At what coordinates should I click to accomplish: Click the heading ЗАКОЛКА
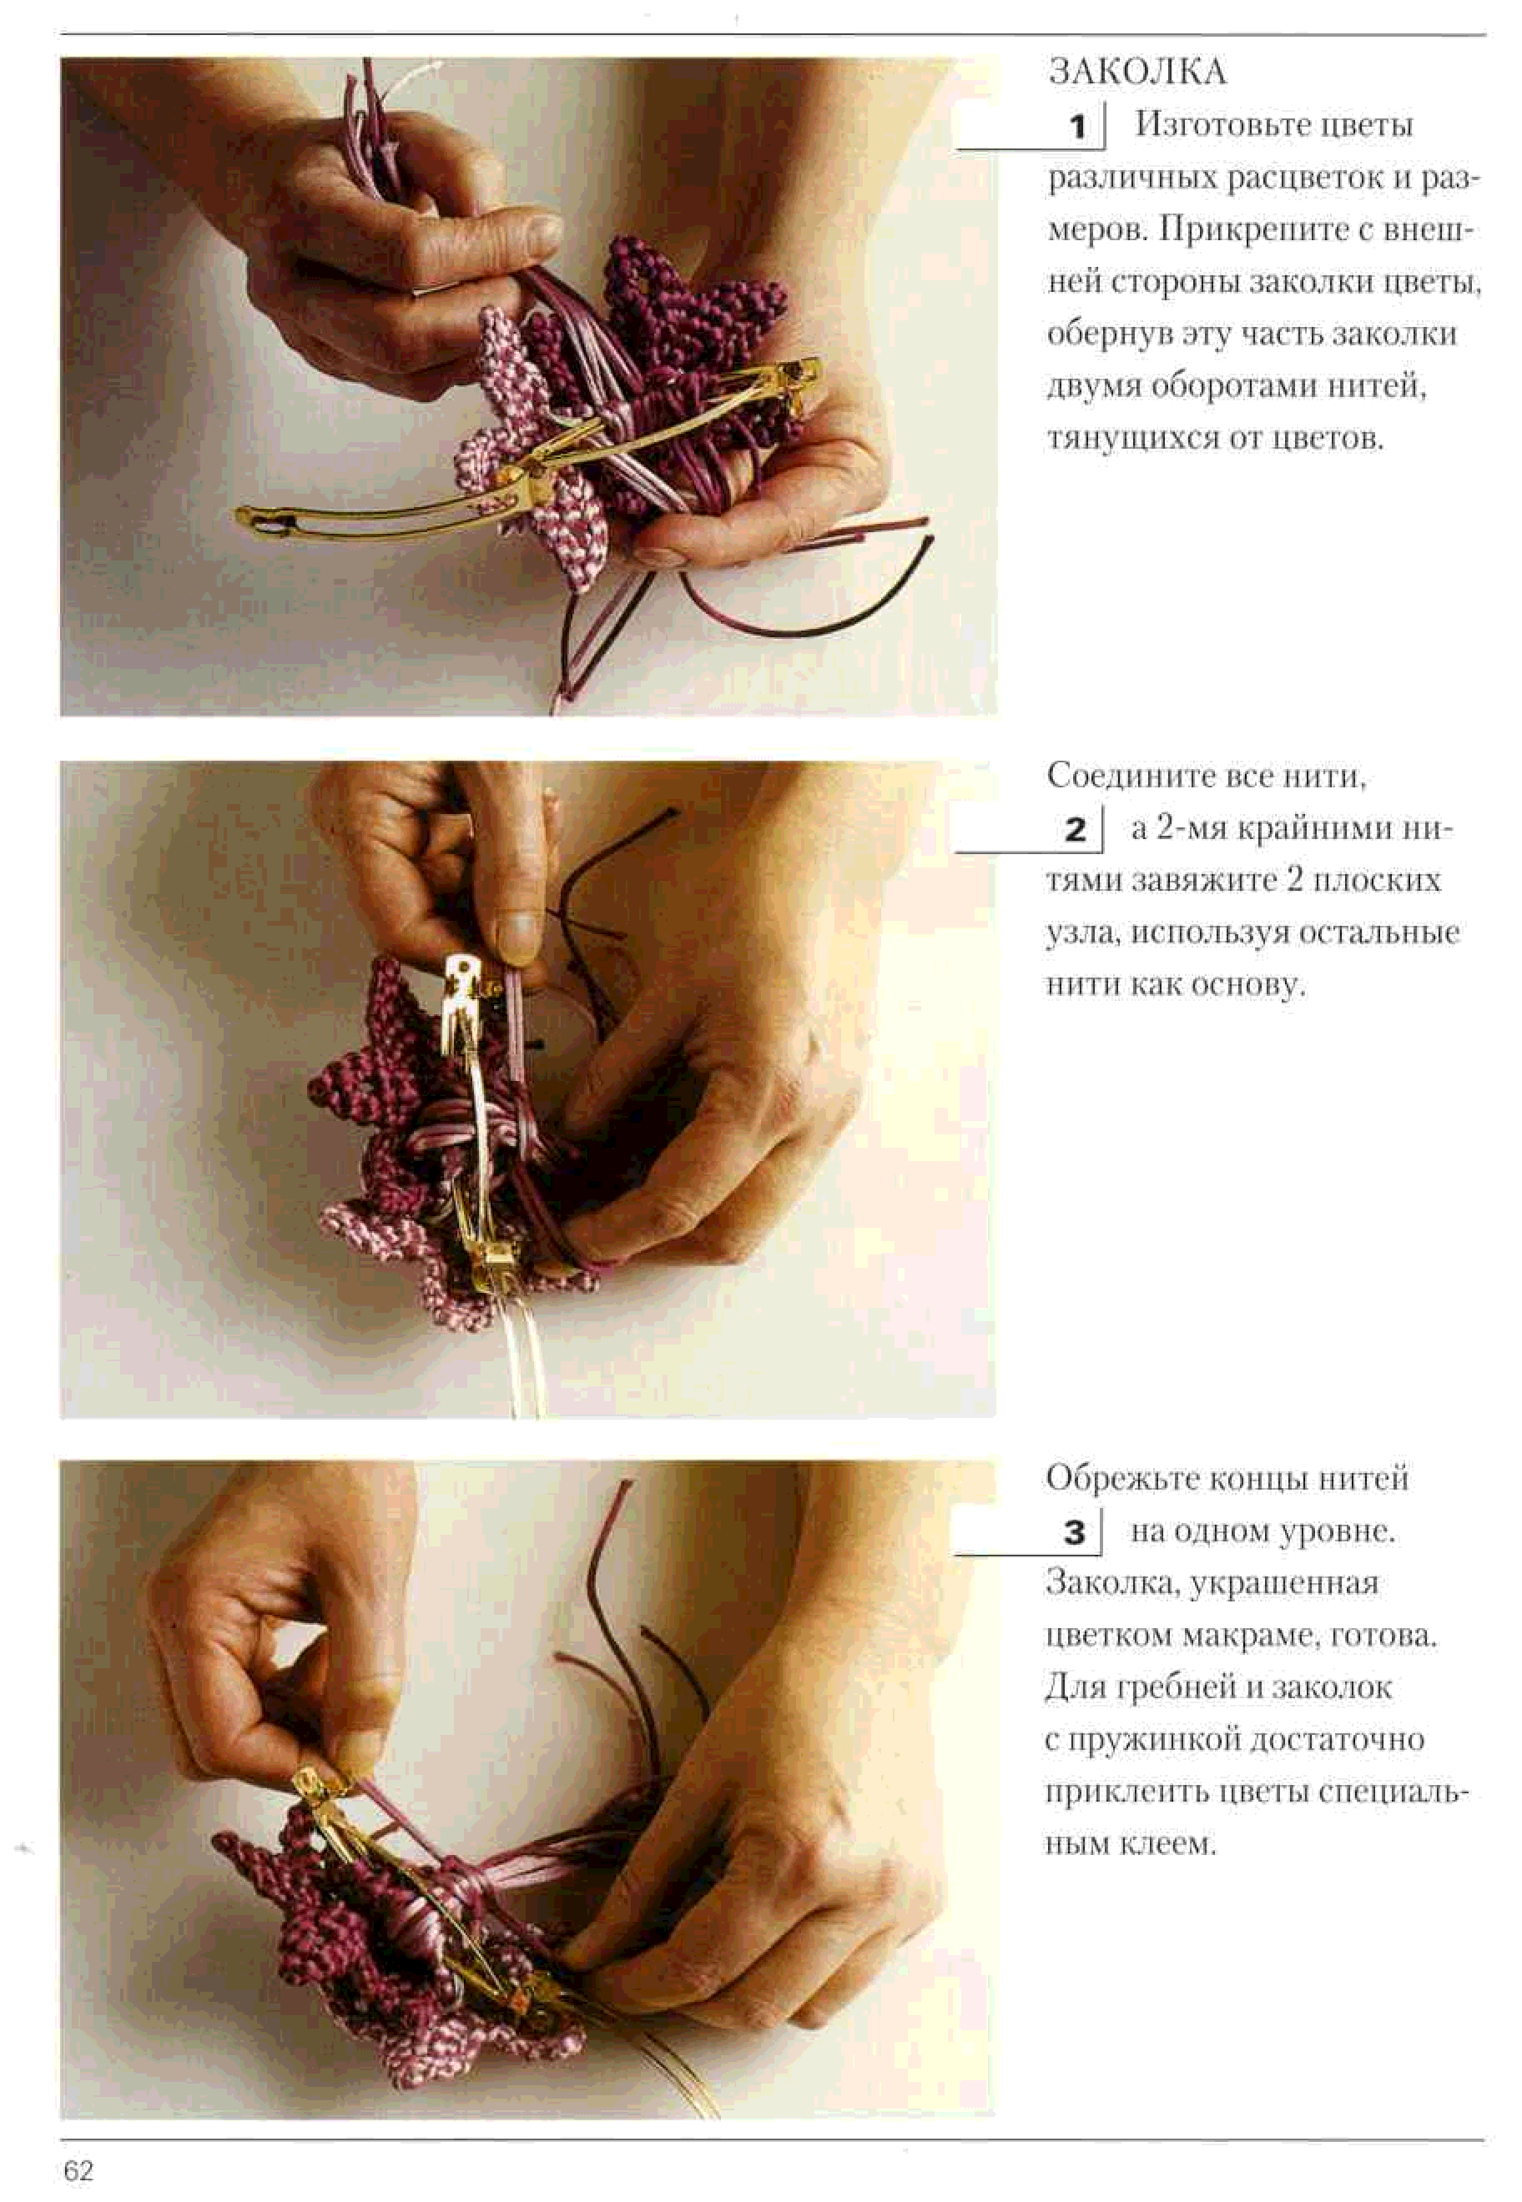[x=1137, y=72]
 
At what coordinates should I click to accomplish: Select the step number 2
[x=1076, y=829]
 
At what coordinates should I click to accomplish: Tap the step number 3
[x=1075, y=1532]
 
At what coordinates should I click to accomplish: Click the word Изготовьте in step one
[x=1214, y=125]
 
